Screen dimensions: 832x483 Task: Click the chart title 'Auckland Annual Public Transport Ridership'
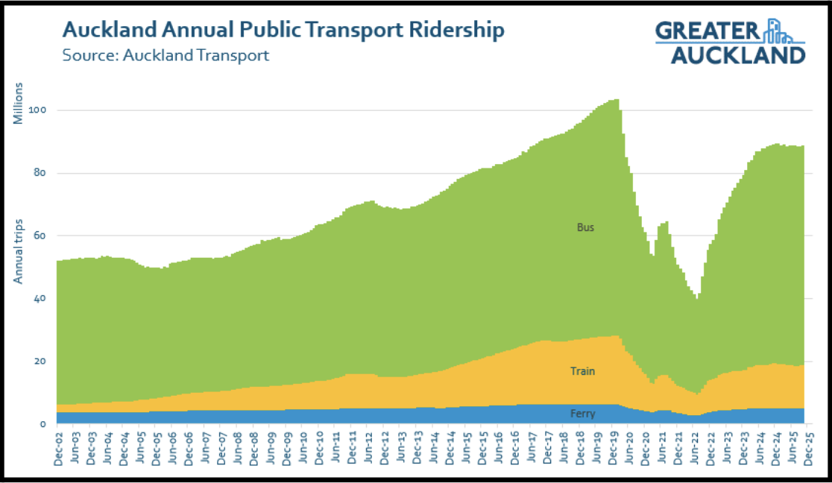(283, 31)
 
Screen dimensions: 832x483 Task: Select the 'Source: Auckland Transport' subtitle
(166, 55)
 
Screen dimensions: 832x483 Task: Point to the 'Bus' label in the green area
(585, 227)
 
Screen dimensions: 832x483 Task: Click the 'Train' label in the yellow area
(582, 371)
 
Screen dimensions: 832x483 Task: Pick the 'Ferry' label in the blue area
(582, 414)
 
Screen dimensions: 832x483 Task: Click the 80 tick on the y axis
(40, 173)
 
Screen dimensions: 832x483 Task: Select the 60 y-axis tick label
(40, 236)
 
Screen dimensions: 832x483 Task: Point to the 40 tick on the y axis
(40, 298)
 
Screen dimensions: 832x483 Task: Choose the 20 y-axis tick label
(40, 362)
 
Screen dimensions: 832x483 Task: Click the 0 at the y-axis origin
(43, 424)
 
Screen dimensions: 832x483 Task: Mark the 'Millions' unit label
(19, 103)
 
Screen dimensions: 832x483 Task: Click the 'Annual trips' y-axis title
(19, 252)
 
